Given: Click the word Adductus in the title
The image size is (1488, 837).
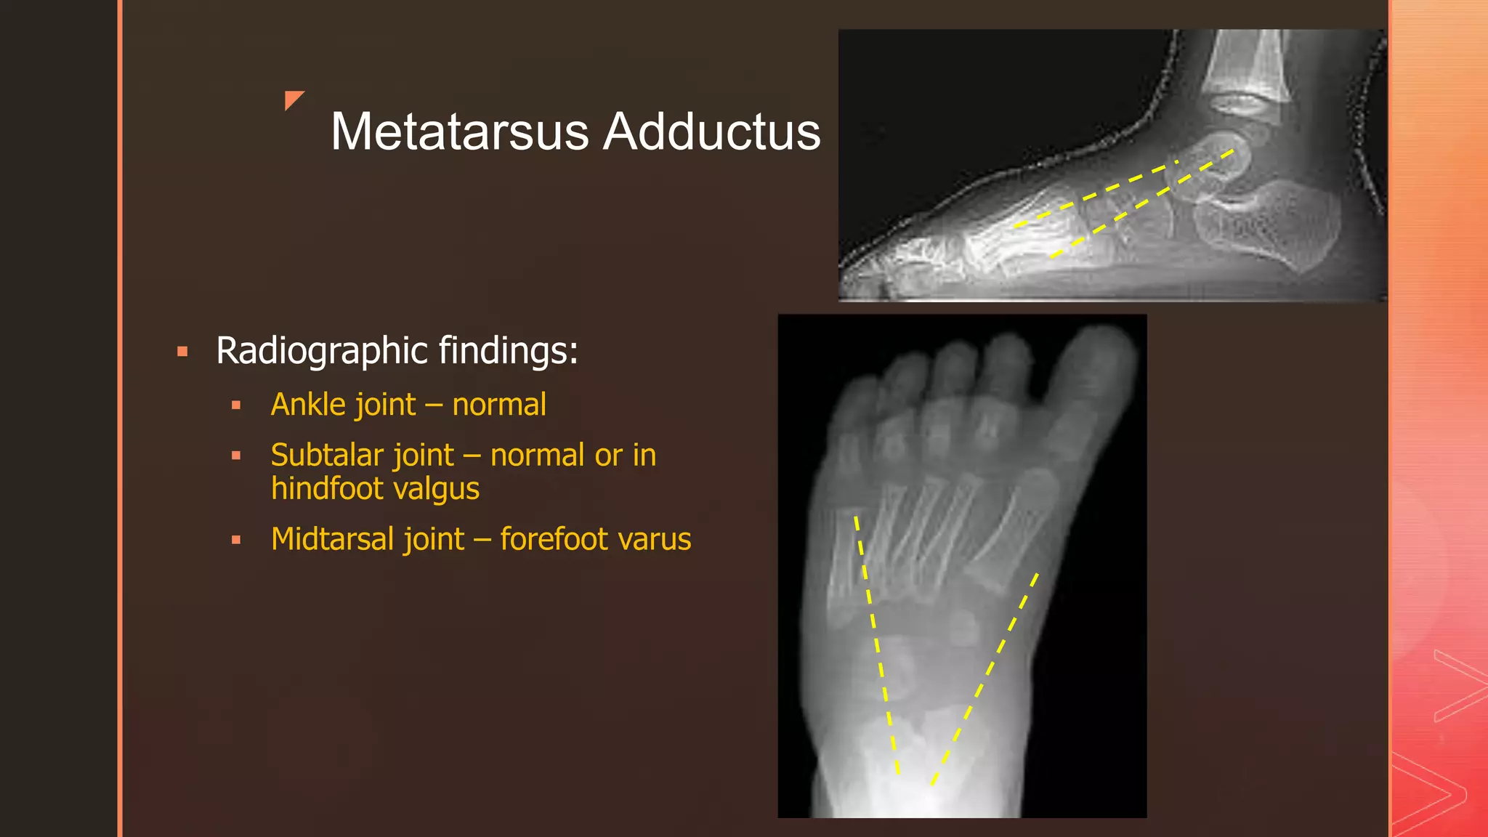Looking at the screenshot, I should tap(712, 132).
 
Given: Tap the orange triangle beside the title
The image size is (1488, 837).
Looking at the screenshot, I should tap(293, 100).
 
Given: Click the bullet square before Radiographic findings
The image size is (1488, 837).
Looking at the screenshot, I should tap(182, 352).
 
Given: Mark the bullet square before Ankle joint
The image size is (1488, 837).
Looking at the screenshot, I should tap(236, 406).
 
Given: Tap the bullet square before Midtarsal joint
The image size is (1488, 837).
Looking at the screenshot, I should tap(236, 541).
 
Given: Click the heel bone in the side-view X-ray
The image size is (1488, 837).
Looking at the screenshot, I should tap(1279, 225).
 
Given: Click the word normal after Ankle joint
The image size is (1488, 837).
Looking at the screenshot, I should tap(499, 405).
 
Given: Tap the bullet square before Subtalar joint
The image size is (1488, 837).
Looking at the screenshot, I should tap(236, 456).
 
